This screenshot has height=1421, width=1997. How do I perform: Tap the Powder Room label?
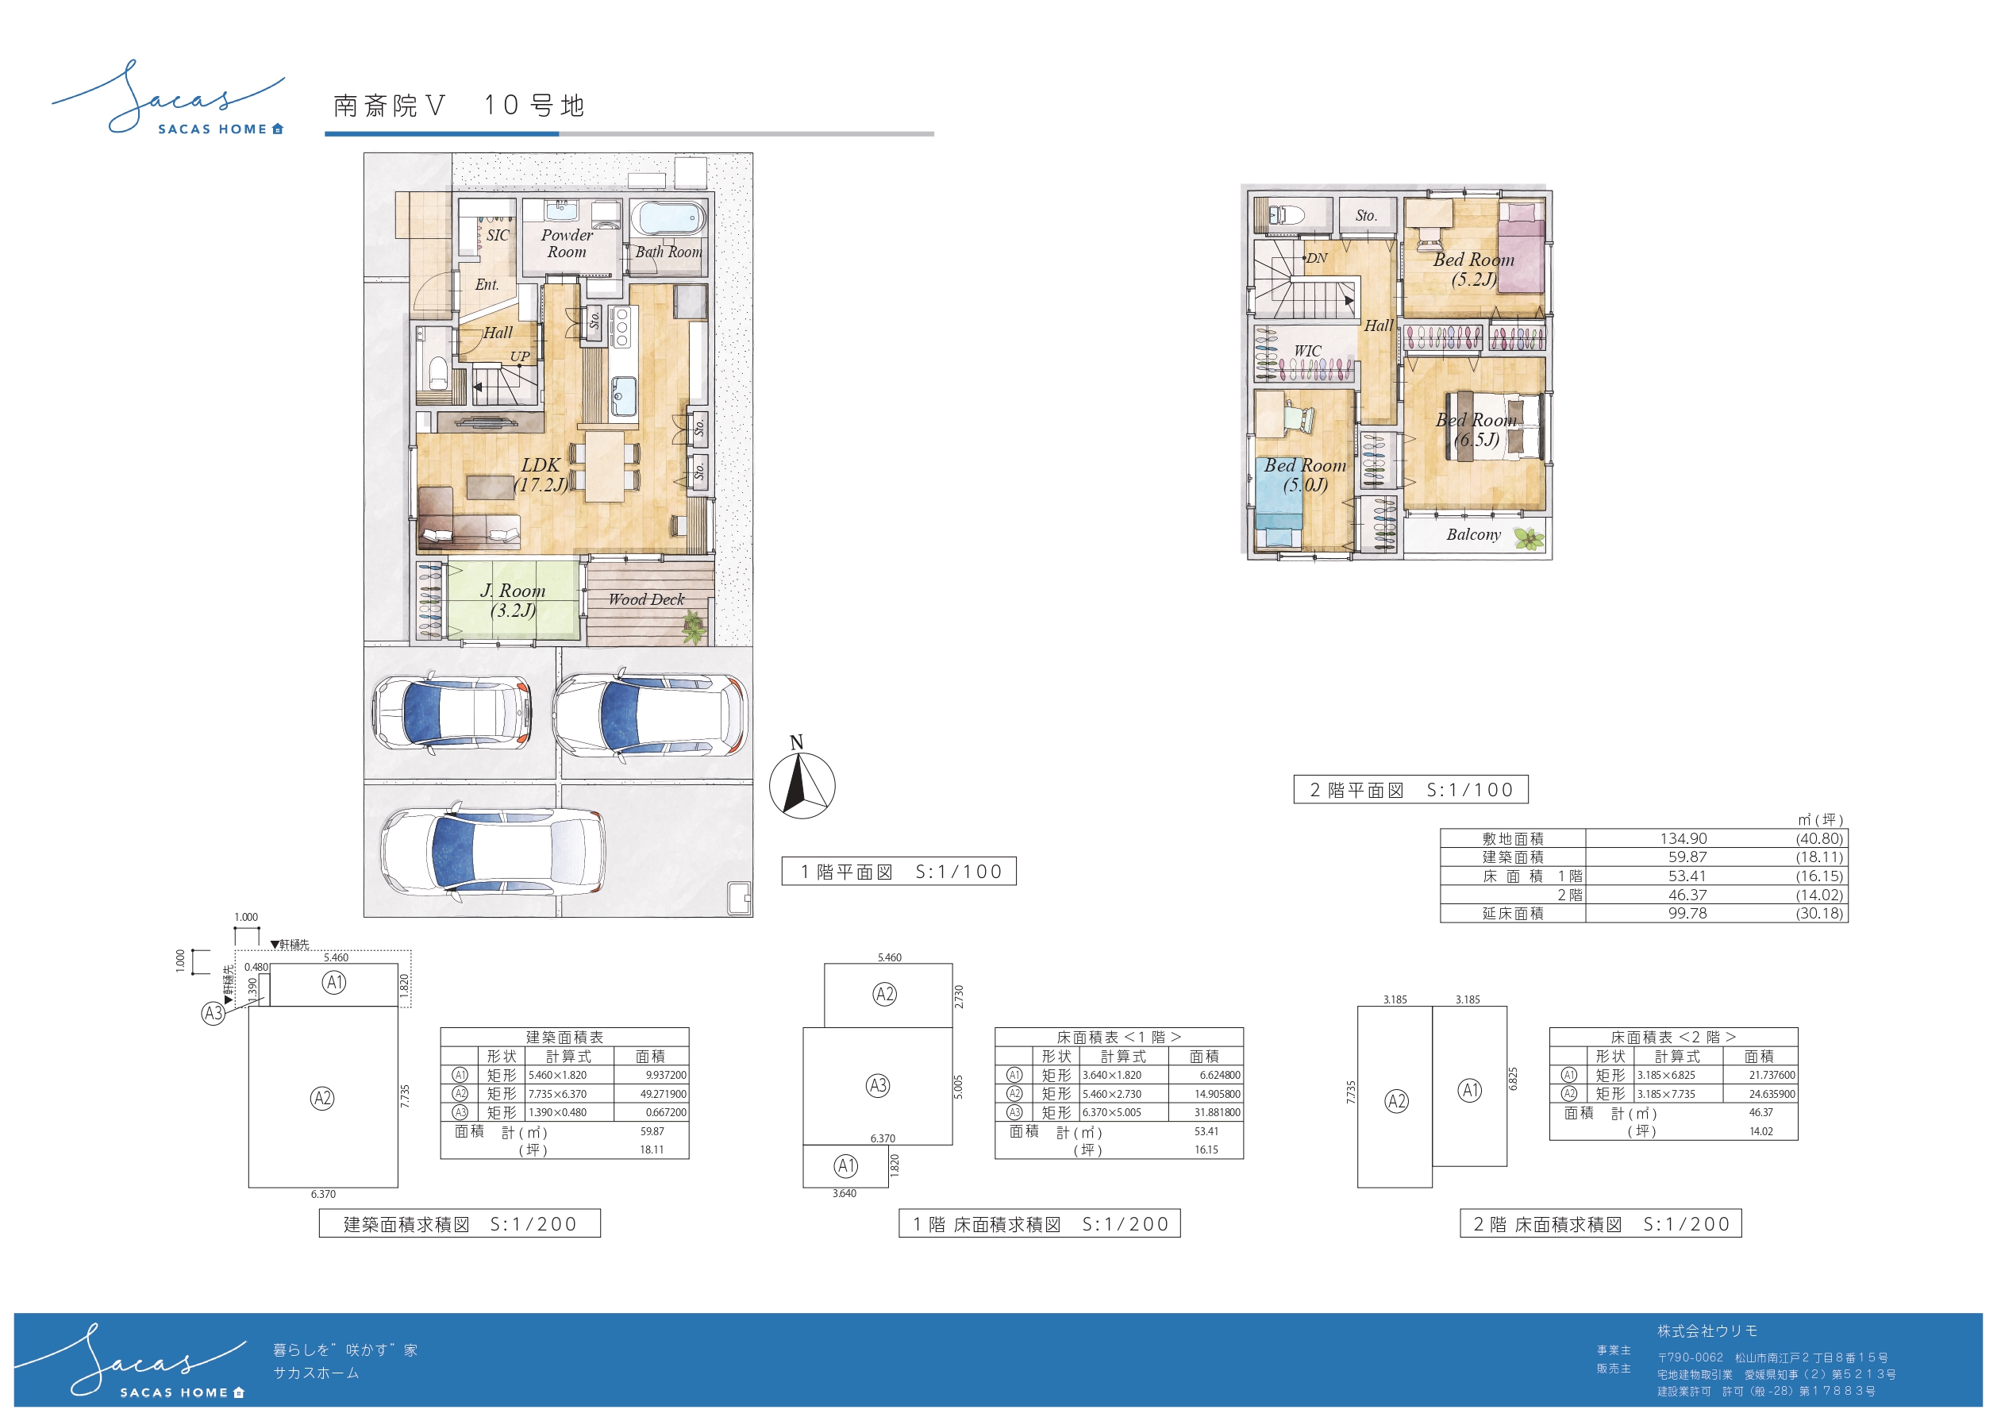(567, 243)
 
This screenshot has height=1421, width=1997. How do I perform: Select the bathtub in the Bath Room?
(668, 218)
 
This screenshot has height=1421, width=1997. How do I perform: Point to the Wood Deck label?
(646, 599)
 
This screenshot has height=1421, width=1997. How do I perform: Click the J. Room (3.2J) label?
(513, 600)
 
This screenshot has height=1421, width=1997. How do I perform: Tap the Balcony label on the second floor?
(1473, 534)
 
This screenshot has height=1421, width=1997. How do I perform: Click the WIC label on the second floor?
(1308, 351)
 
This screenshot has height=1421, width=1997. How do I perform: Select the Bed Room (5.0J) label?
(1305, 476)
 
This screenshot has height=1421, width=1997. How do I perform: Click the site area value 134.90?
(1683, 838)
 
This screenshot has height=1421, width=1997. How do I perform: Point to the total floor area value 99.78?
(1687, 914)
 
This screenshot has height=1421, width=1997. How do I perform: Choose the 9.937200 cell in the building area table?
(666, 1075)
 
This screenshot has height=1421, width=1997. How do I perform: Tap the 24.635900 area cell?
(1772, 1094)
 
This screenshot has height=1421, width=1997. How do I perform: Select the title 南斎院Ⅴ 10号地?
(460, 106)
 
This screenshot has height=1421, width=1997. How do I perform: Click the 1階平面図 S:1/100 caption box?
(898, 872)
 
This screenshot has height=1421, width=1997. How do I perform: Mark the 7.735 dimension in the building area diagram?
(405, 1096)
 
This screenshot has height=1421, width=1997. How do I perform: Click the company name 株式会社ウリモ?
(1706, 1331)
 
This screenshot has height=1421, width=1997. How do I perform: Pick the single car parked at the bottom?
(492, 851)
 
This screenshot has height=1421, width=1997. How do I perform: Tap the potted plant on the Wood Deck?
(694, 626)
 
